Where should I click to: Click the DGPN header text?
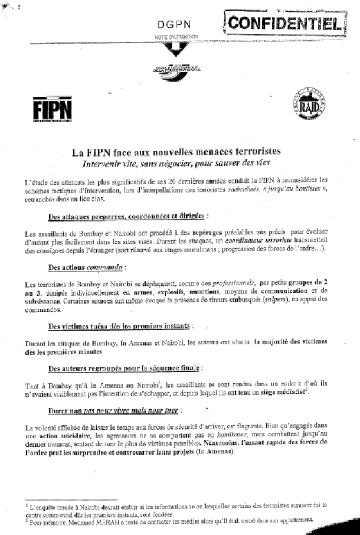172,24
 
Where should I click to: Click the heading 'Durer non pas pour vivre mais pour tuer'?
107,410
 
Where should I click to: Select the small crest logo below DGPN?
175,68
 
